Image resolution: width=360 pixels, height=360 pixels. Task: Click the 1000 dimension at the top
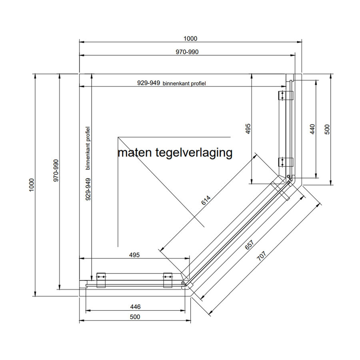click(190, 39)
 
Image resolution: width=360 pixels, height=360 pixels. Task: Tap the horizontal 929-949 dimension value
click(149, 83)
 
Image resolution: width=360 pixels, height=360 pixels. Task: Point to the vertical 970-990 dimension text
click(56, 171)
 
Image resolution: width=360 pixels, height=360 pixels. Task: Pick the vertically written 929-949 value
click(88, 189)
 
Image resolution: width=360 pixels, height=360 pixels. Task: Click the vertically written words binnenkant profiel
click(88, 148)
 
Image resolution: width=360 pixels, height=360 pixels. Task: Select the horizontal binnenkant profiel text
click(187, 84)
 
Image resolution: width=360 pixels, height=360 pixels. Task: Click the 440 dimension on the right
click(313, 129)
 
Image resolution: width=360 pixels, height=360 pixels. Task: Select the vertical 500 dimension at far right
click(327, 129)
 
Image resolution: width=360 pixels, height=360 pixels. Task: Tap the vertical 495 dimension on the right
click(248, 129)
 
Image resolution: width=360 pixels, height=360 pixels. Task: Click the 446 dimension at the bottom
click(135, 307)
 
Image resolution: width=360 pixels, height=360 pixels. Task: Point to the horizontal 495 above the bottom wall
click(135, 255)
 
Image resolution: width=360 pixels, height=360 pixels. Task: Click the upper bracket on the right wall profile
click(286, 95)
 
